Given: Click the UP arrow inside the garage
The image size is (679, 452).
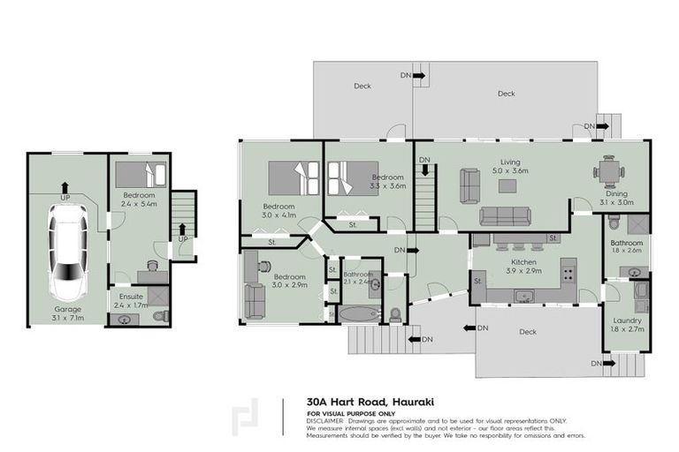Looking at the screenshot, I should [65, 189].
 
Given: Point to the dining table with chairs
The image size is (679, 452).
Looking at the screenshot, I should [608, 170].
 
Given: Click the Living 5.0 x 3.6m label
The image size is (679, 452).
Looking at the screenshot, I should [510, 167].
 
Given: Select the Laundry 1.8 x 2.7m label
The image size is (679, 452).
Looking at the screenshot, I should [627, 324].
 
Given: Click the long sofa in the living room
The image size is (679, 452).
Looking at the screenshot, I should [506, 215].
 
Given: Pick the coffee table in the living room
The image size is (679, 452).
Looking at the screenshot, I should [507, 185].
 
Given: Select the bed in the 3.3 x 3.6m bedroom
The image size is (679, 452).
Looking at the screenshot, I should [354, 177].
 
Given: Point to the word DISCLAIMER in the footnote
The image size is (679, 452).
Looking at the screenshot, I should [325, 421].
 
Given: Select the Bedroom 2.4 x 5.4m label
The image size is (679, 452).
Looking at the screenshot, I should [139, 200].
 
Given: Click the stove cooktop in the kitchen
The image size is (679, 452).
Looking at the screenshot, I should [568, 268].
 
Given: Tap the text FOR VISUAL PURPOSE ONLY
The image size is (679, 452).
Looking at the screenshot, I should [351, 413].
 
